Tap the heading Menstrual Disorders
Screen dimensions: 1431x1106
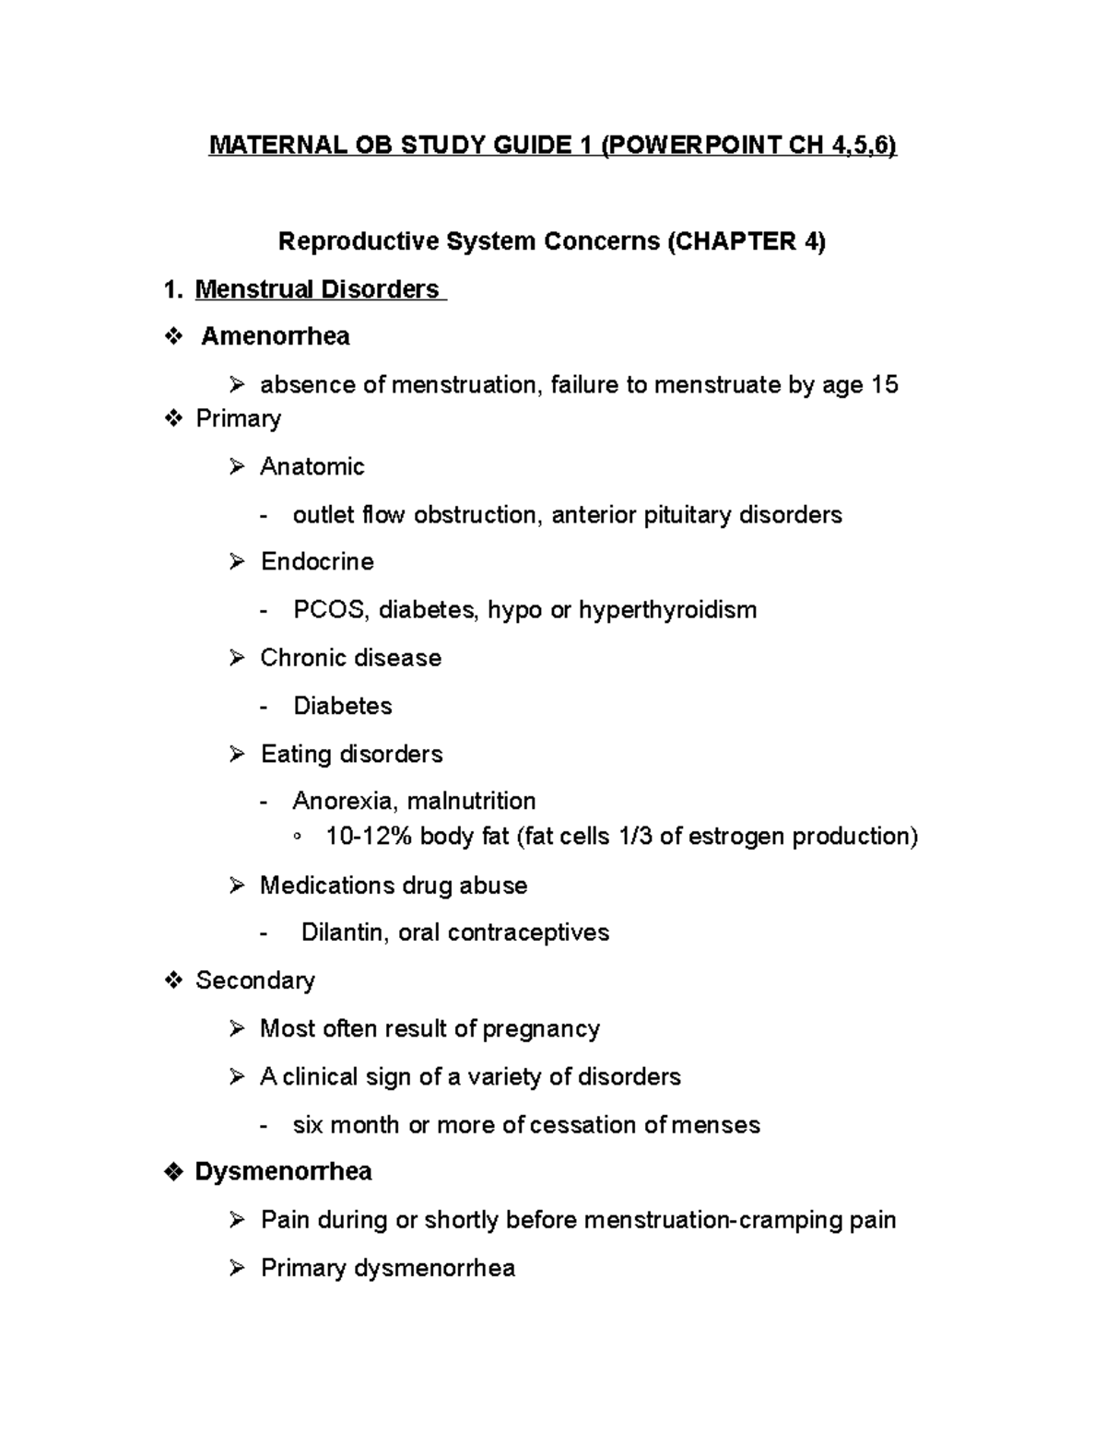(x=317, y=289)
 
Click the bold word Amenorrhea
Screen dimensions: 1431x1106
(x=276, y=336)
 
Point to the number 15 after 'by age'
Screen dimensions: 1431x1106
(x=884, y=384)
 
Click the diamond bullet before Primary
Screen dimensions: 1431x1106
(x=173, y=419)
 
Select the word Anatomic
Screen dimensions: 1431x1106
(x=312, y=466)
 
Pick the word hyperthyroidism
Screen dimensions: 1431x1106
(x=667, y=610)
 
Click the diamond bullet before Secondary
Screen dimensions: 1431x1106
(x=173, y=981)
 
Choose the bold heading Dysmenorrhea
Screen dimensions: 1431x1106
(x=284, y=1172)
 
